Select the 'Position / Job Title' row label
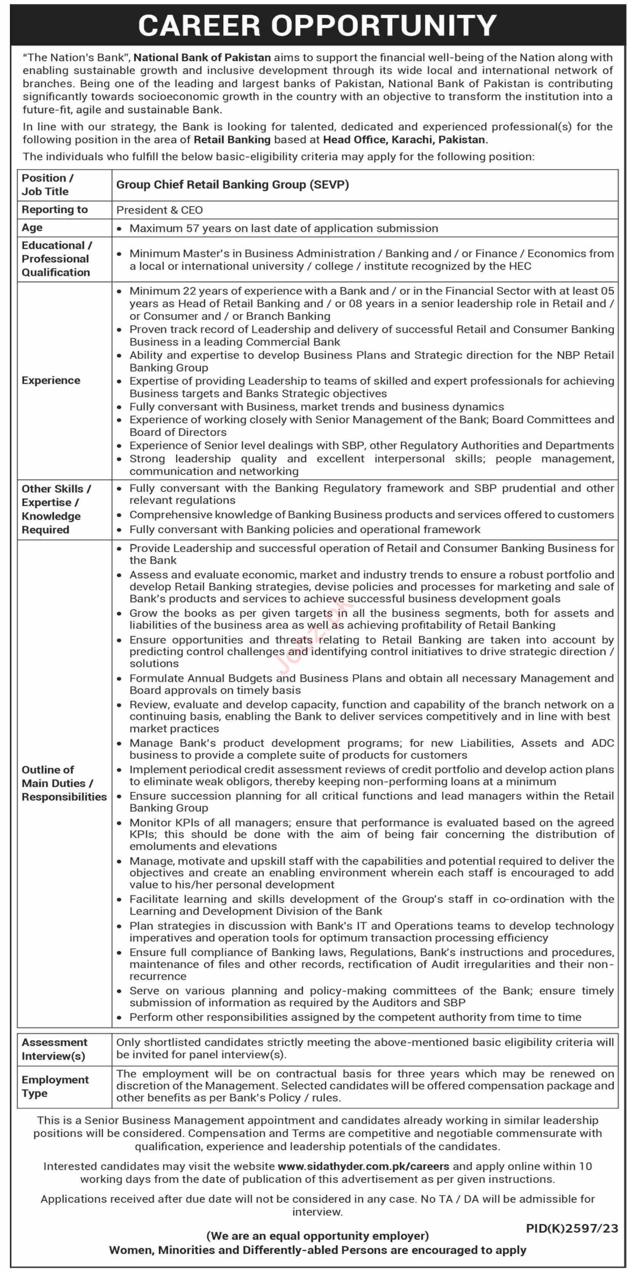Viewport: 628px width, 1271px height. (47, 185)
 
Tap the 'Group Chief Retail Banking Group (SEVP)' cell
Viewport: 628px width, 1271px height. (232, 185)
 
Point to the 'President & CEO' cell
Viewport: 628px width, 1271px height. (159, 210)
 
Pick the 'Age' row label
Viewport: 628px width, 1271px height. (32, 228)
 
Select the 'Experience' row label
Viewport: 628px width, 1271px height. (51, 380)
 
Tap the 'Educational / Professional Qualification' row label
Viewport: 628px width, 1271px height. (56, 258)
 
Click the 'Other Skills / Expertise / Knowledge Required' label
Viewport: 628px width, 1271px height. (56, 509)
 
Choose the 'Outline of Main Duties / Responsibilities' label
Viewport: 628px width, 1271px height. (64, 783)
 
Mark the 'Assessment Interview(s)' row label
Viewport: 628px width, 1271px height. (54, 1049)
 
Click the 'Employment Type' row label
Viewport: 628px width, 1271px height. (55, 1086)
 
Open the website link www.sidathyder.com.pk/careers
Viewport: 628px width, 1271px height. (363, 1167)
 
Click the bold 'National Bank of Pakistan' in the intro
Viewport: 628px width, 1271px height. (202, 58)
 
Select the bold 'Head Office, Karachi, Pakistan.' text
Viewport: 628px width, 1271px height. (405, 140)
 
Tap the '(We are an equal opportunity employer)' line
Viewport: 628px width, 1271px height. (317, 1236)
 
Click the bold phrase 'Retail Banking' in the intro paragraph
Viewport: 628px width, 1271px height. (232, 140)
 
